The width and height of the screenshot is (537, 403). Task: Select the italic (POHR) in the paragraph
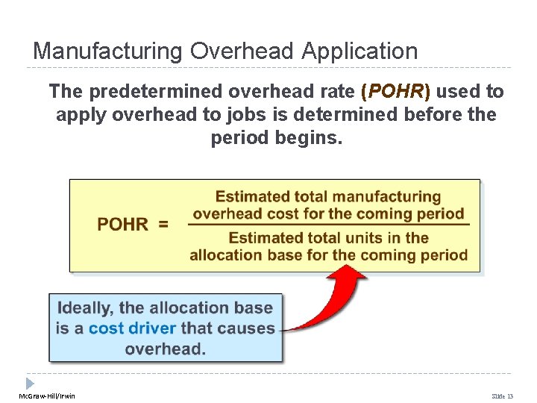pos(395,92)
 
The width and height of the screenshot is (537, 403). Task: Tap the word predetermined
pos(150,92)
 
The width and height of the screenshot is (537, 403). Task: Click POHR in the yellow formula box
pos(122,225)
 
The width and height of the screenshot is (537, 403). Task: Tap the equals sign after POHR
pos(162,225)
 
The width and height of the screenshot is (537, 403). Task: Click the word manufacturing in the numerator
pos(386,197)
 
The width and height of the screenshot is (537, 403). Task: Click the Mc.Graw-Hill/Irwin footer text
pos(47,396)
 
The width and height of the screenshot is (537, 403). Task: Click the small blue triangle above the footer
pos(31,383)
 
